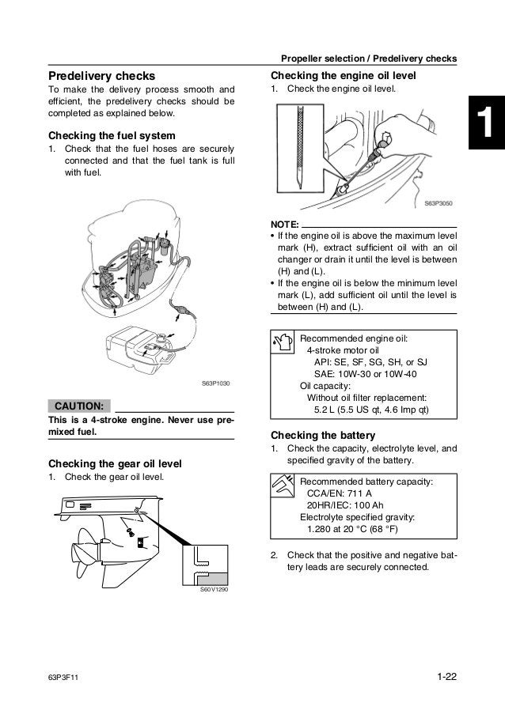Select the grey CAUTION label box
pos(79,406)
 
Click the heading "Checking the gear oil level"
pos(116,463)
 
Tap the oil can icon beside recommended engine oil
pos(283,342)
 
